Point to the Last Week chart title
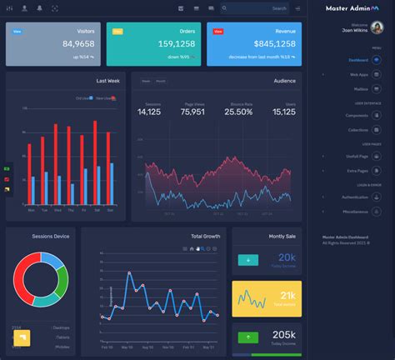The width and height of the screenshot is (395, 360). (x=107, y=81)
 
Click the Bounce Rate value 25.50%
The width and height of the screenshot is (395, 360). (x=238, y=112)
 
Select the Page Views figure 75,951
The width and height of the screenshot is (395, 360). (x=192, y=112)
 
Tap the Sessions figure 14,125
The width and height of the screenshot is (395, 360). (x=149, y=112)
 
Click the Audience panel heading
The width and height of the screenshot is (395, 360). (x=284, y=81)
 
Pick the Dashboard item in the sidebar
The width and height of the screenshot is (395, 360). (x=359, y=61)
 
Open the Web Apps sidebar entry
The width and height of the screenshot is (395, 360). (x=360, y=74)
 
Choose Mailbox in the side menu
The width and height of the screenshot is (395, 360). (x=361, y=88)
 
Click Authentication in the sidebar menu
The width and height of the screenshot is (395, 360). (x=355, y=197)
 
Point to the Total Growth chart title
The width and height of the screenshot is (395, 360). (x=205, y=236)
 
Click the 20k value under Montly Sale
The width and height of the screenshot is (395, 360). (x=287, y=257)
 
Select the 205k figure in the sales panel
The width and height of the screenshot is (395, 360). (x=285, y=335)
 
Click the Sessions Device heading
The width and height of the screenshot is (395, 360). (x=51, y=236)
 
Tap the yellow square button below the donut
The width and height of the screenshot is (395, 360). (x=22, y=337)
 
